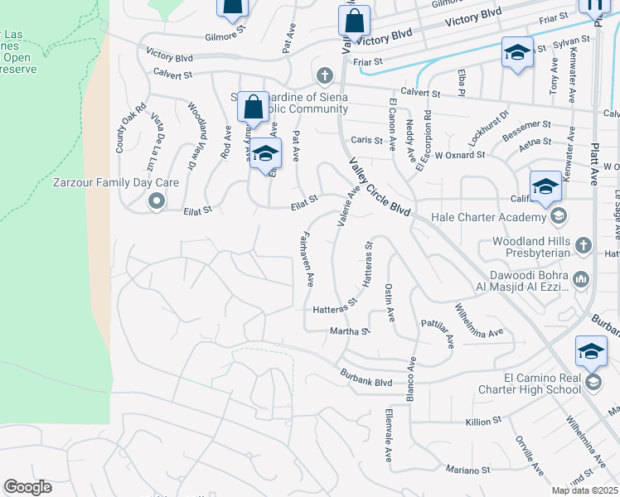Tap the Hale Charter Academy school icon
[559, 217]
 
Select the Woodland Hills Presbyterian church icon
[584, 245]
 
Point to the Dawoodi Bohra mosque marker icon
[581, 282]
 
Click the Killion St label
[478, 422]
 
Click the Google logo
[27, 487]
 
